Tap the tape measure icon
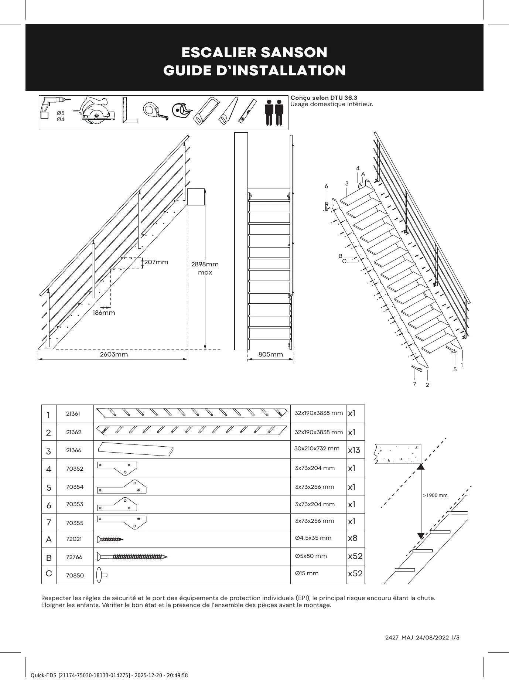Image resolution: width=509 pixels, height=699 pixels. (x=155, y=110)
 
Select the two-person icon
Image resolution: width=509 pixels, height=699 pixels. (x=274, y=112)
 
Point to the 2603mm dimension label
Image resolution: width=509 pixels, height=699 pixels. (x=114, y=355)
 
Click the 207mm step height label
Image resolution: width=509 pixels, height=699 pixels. (x=156, y=262)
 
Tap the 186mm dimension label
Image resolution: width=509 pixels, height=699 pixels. (x=104, y=313)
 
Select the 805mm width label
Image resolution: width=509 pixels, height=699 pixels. (x=270, y=355)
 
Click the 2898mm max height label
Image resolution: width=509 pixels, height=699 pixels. (x=205, y=268)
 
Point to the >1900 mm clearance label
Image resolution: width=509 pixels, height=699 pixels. (x=435, y=495)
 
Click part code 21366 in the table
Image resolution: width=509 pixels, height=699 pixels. (x=74, y=450)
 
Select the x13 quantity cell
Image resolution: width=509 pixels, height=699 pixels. (x=354, y=450)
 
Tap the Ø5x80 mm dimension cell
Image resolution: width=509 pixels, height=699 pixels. (x=311, y=556)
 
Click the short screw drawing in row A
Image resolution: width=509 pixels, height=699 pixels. (x=110, y=539)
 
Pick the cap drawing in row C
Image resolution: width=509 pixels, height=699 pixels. (x=102, y=575)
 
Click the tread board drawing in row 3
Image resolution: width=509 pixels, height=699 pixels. (x=136, y=449)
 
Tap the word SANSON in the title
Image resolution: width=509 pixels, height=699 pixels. (x=294, y=52)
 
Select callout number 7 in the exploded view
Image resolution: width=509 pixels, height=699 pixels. (x=414, y=384)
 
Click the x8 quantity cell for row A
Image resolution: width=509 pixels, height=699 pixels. (x=353, y=538)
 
